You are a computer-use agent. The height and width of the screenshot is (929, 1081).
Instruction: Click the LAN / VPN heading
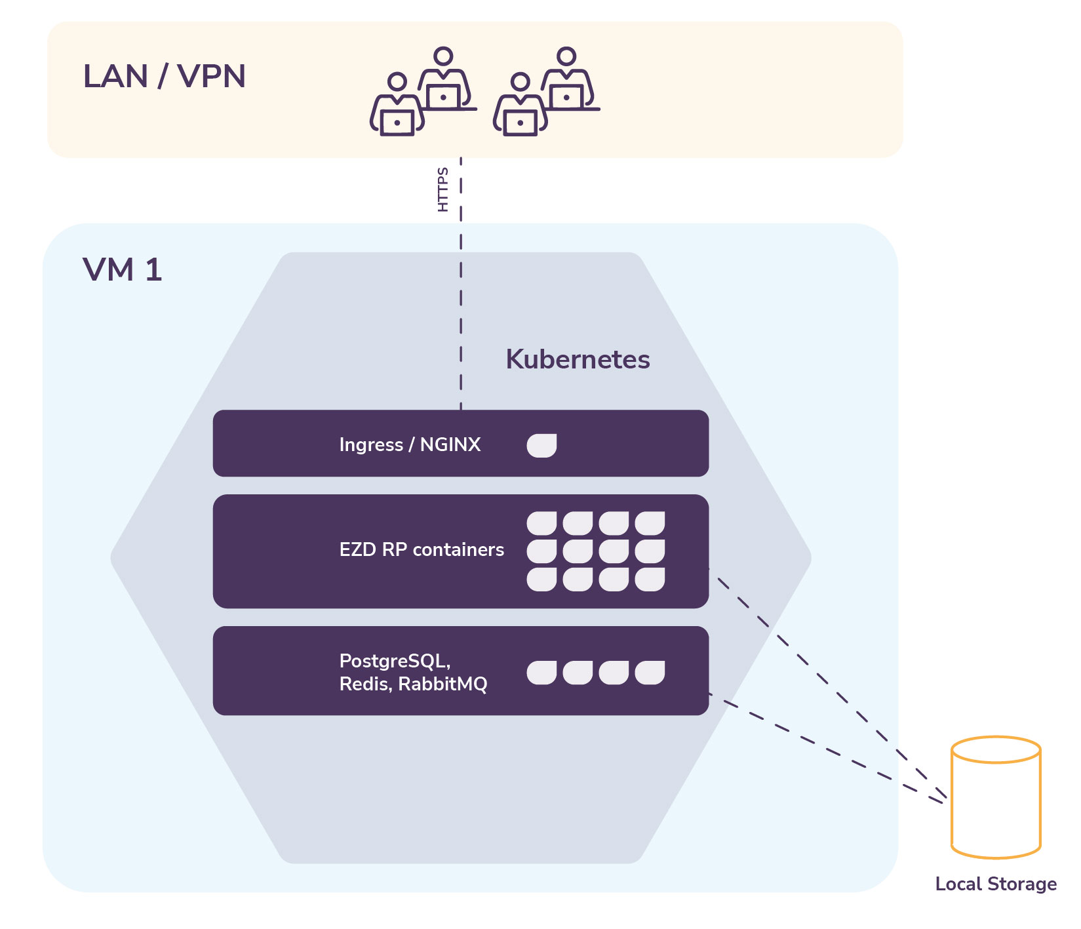coord(164,77)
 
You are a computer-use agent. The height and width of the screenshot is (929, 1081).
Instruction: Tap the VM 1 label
coord(122,270)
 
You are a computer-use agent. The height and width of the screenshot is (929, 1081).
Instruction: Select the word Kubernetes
coord(578,359)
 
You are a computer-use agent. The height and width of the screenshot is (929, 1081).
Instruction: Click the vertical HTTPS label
coord(443,189)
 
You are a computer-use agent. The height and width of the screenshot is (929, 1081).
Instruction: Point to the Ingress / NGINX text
coord(410,445)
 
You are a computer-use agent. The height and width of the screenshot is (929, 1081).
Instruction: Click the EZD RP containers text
coord(422,549)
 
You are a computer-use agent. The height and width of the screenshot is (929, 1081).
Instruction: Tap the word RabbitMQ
coord(442,684)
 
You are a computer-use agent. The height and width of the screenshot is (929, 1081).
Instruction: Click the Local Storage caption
coord(995,884)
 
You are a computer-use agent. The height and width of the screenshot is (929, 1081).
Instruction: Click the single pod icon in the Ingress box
coord(541,445)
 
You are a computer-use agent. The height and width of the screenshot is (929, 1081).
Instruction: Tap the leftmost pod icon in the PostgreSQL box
coord(541,673)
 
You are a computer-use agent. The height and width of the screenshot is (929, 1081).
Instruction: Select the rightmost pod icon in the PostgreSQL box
coord(650,673)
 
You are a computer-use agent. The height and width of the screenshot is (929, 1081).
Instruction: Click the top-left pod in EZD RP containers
coord(541,523)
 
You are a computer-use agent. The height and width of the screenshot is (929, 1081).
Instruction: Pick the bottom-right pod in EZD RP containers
coord(650,580)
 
